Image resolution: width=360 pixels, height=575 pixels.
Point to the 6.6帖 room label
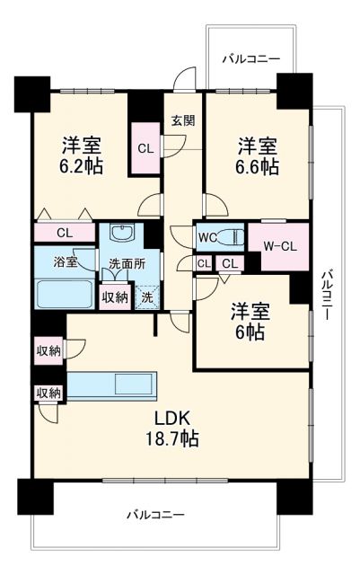[x=257, y=156]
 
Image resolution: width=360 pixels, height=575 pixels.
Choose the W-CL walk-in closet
[x=279, y=243]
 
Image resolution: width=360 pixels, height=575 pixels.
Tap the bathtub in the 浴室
[x=63, y=295]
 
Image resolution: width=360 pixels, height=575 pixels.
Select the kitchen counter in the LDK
[x=111, y=384]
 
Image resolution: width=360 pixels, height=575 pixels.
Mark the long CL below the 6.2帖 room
[x=64, y=233]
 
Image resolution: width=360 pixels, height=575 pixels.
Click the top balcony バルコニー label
[x=251, y=58]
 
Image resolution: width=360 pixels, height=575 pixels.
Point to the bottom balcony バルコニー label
[x=154, y=516]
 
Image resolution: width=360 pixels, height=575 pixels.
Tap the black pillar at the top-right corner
[x=293, y=89]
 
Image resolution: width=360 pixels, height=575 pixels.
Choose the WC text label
[x=206, y=238]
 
